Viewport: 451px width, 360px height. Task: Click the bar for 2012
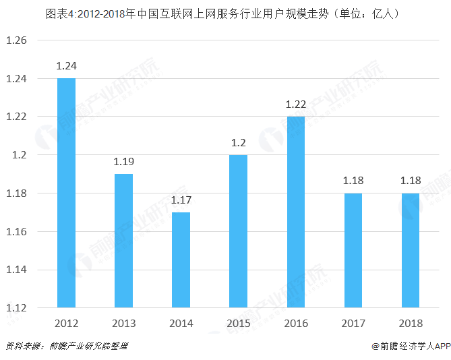[x=66, y=193]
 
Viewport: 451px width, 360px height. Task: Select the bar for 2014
[x=181, y=260]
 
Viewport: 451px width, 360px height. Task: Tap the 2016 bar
[x=295, y=212]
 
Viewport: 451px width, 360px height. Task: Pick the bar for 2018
[x=411, y=250]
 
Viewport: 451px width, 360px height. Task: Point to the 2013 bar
[x=123, y=241]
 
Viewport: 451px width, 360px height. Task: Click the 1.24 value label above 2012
[x=66, y=66]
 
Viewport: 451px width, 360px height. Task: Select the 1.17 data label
[x=181, y=200]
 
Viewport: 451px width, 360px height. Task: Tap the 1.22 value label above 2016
[x=295, y=104]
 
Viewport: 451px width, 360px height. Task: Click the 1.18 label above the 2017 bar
[x=353, y=181]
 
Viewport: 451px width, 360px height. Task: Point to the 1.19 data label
[x=123, y=162]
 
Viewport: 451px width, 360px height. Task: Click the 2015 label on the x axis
[x=238, y=323]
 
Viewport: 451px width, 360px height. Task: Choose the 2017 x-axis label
[x=353, y=323]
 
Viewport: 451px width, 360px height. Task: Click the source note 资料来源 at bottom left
[x=67, y=346]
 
